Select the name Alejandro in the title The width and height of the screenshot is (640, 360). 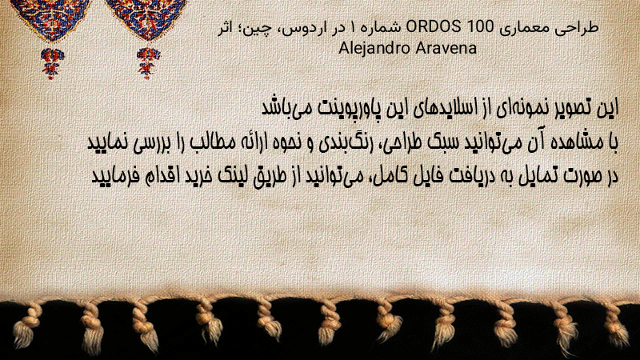(x=375, y=49)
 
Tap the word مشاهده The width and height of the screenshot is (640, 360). (x=582, y=142)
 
